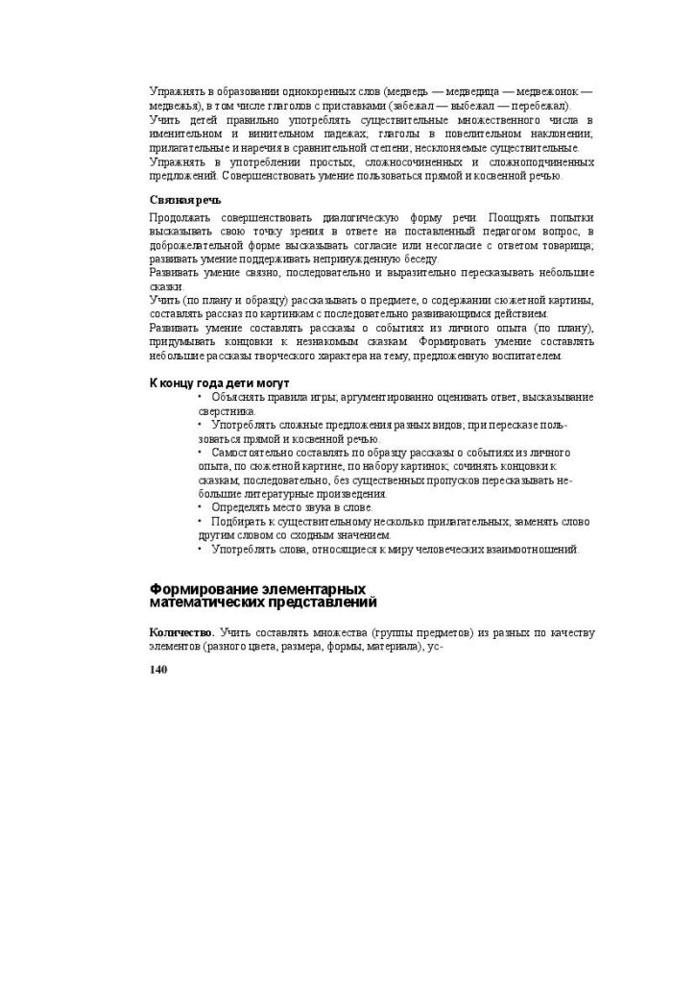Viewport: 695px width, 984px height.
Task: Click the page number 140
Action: point(158,670)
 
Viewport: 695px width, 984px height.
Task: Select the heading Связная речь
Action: point(185,200)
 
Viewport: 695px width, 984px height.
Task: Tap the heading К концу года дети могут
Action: point(219,382)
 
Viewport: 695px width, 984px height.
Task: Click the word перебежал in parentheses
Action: point(541,106)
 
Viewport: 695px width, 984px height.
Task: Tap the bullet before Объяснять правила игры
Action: point(201,397)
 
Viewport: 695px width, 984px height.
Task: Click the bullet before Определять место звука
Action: point(201,506)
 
